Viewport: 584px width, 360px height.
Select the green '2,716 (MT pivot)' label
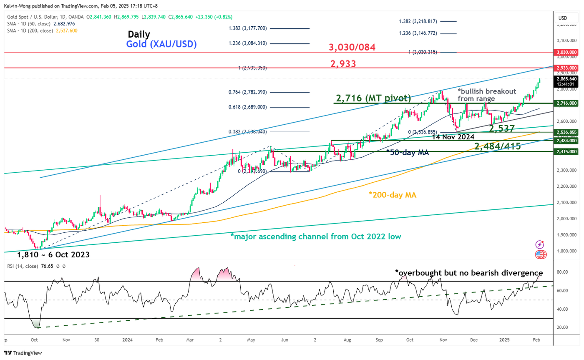click(x=373, y=98)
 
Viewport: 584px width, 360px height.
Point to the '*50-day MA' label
click(x=407, y=153)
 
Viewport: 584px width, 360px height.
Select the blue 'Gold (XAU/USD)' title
click(x=162, y=44)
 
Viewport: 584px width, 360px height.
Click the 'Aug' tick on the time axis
click(x=347, y=340)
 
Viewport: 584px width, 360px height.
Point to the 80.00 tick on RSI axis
click(x=562, y=272)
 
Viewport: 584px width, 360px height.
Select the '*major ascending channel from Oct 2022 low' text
click(x=316, y=237)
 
